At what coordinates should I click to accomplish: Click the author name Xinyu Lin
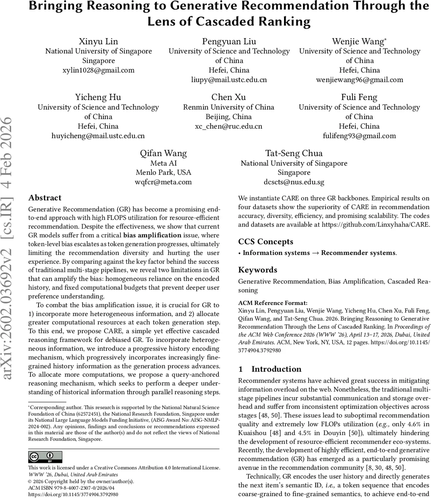coord(98,41)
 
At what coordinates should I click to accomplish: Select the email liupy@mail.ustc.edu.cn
coord(229,80)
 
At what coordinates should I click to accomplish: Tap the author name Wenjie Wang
coord(359,41)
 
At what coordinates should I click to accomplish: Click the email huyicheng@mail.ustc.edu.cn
coord(98,136)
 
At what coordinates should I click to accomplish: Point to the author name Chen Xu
coord(228,97)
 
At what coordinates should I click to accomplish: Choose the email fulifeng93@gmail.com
coord(359,136)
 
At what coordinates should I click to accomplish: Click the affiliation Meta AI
coord(163,163)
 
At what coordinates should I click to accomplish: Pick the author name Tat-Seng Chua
coord(294,153)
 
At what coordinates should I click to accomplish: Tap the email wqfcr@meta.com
coord(163,182)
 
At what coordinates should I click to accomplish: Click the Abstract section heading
coord(45,198)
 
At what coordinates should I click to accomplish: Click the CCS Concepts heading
coord(265,242)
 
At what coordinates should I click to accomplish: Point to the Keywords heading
coord(257,270)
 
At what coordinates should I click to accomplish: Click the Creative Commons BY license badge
coord(45,457)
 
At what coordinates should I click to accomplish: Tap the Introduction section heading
coord(276,369)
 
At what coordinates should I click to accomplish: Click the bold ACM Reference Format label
coord(273,303)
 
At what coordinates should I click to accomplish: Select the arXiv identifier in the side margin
coord(9,249)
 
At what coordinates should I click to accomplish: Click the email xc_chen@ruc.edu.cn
coord(228,126)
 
